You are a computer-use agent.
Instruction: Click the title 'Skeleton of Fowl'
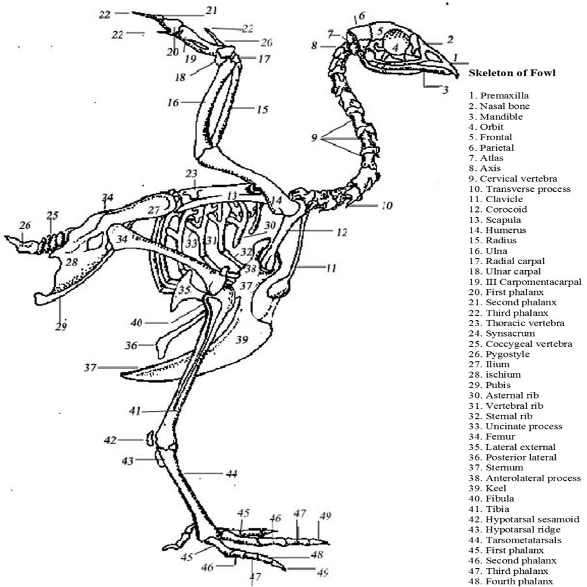512,73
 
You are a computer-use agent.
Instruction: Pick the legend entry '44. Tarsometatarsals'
515,540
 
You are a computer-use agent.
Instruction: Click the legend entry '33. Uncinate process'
515,427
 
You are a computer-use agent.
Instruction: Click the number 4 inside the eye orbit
395,48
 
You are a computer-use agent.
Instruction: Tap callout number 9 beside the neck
314,138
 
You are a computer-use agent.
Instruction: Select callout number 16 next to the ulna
173,102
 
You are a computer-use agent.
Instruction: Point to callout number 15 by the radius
262,110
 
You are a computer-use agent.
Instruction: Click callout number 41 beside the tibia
135,411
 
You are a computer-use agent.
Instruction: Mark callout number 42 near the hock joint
110,440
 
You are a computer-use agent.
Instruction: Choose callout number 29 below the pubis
61,326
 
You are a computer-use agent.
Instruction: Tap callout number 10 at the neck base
387,206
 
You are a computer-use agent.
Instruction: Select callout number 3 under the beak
445,89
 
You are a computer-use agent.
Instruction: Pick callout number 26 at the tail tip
25,226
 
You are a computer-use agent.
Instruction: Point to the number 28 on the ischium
70,262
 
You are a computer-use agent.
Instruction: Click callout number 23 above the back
190,174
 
